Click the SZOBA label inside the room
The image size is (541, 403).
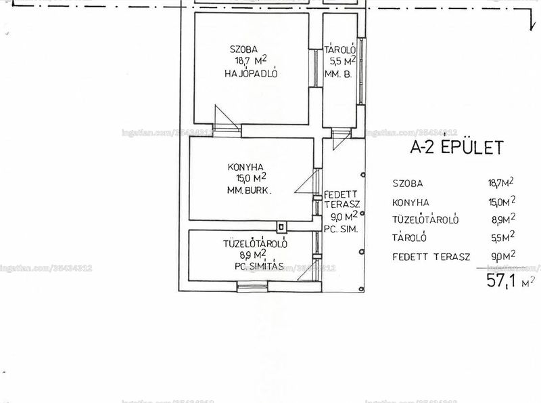click(243, 49)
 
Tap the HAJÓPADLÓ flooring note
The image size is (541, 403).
click(251, 73)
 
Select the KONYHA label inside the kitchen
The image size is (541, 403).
click(245, 167)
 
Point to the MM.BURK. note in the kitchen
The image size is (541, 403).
click(249, 190)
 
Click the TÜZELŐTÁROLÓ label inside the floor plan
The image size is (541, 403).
click(255, 243)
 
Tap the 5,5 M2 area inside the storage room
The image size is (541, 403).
click(343, 60)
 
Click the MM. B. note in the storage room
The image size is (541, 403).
click(338, 74)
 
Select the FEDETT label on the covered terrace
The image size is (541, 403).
click(341, 194)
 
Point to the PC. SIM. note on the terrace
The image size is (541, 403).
click(341, 229)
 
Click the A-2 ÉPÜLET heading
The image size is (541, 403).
click(457, 147)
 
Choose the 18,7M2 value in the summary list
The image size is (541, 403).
click(500, 182)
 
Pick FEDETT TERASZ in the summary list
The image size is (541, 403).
click(431, 257)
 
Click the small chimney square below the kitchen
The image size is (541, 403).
click(281, 227)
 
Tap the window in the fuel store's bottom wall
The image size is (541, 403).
click(252, 287)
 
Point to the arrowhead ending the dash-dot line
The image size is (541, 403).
click(532, 27)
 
